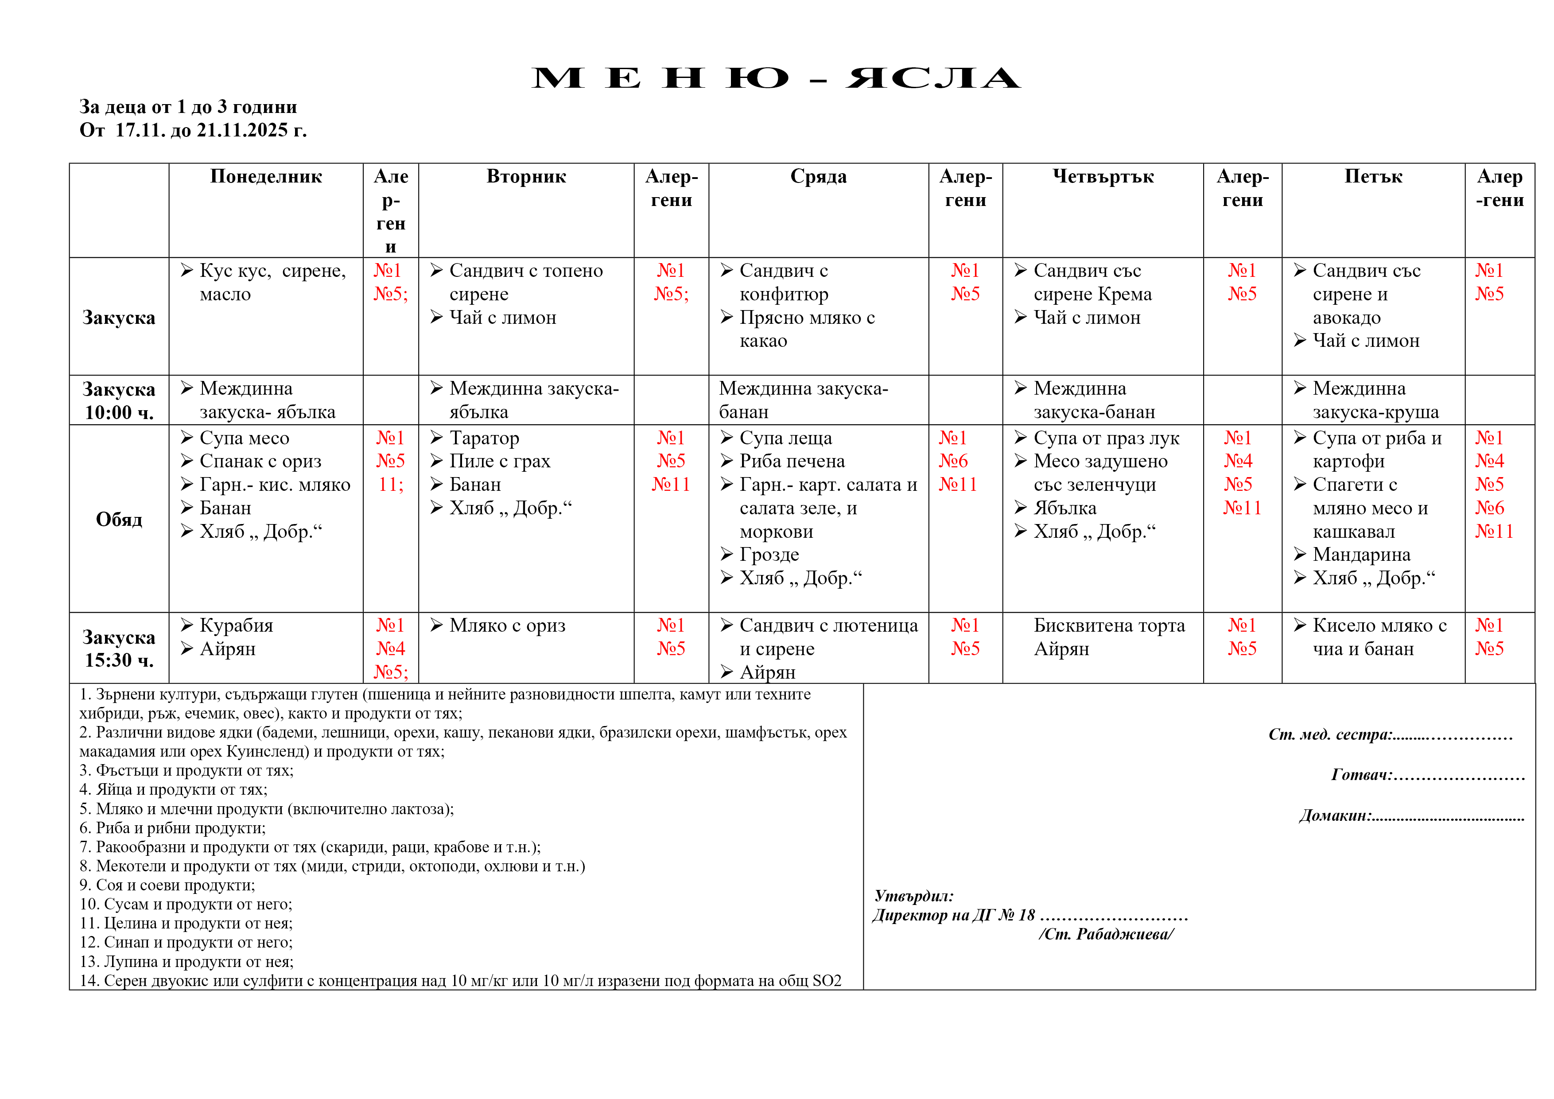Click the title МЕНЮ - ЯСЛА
(x=776, y=78)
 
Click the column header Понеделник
(x=266, y=177)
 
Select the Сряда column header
(x=818, y=177)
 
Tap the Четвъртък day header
(x=1103, y=177)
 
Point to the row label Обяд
(x=119, y=519)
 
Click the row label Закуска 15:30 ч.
(x=119, y=649)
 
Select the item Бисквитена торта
(x=1109, y=625)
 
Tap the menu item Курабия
(x=236, y=625)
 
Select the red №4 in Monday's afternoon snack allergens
(x=391, y=649)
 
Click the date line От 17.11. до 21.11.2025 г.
(x=193, y=130)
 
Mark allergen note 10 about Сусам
(x=186, y=904)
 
